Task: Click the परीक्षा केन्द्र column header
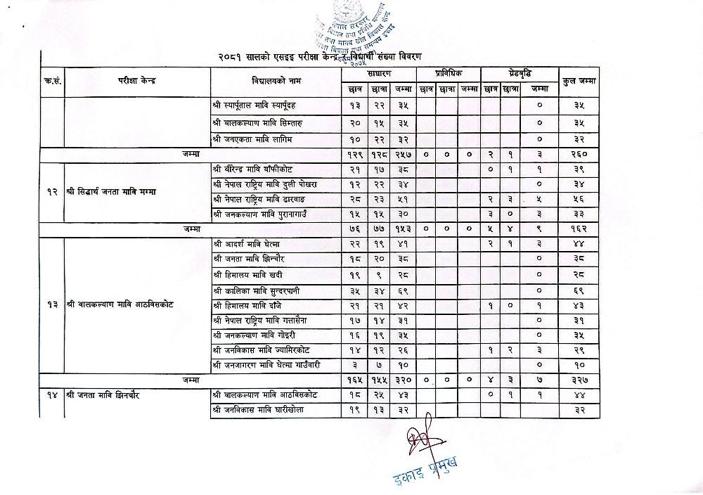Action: click(137, 80)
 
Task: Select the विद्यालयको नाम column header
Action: click(275, 80)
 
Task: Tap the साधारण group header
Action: click(379, 73)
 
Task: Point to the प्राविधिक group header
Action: click(448, 73)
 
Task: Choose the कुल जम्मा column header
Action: click(579, 80)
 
